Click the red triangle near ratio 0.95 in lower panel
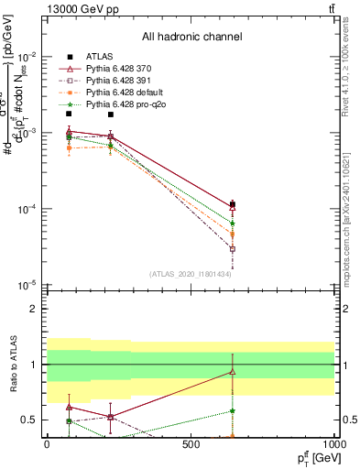coord(233,371)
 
